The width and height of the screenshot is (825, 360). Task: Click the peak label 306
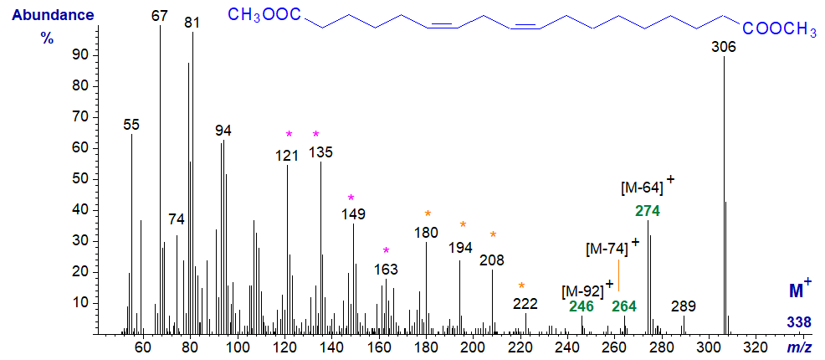pos(723,48)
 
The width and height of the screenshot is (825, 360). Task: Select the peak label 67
pos(160,16)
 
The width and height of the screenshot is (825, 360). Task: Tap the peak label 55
pos(131,125)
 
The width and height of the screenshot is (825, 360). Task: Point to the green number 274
pos(648,211)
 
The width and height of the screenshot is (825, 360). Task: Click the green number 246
pos(582,307)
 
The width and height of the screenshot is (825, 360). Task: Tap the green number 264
pos(625,307)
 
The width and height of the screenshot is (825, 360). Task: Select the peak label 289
pos(684,306)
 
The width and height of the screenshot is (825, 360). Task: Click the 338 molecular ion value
pos(799,322)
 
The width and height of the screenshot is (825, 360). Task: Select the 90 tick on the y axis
pos(82,55)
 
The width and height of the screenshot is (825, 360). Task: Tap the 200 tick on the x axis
pos(473,346)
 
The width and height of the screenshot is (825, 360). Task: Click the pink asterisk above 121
pos(289,134)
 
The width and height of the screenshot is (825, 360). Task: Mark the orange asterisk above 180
pos(428,214)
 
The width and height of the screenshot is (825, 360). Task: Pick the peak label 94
pos(223,131)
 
